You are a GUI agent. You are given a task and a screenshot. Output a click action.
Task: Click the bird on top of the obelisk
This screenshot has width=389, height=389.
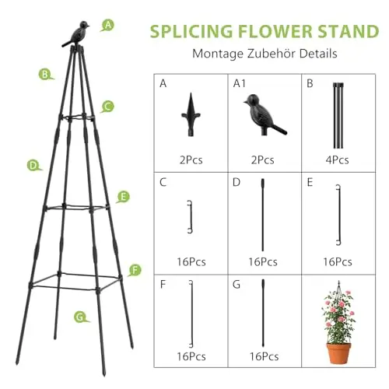point(76,33)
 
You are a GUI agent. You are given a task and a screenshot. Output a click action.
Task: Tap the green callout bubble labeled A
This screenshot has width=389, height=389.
point(107,26)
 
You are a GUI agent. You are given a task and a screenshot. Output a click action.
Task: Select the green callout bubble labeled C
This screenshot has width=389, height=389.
point(107,107)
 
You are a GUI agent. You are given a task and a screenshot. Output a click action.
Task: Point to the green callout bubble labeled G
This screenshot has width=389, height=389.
point(81,317)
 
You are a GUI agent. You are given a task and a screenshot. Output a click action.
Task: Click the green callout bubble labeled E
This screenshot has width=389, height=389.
point(123,197)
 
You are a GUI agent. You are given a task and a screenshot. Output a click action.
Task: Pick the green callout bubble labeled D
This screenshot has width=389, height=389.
point(34,166)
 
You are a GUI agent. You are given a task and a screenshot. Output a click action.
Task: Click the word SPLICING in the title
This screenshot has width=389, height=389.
point(191,31)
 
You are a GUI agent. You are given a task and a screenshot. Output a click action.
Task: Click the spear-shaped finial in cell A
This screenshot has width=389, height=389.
point(191,114)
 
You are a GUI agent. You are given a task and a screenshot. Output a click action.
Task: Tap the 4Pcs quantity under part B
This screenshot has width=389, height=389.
point(337,160)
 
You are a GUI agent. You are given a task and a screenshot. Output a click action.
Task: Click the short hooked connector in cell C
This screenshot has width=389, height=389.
point(191,217)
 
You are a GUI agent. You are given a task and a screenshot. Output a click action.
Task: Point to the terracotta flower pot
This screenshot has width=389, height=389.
point(338,353)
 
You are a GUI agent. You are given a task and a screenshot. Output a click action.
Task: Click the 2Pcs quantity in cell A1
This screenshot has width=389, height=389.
point(262,160)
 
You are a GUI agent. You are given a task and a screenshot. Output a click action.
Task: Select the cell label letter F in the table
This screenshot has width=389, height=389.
point(163,285)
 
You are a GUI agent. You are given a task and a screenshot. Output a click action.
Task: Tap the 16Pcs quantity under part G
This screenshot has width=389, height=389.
point(264,356)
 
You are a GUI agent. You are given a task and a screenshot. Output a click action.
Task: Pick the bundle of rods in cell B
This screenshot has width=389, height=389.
point(338,116)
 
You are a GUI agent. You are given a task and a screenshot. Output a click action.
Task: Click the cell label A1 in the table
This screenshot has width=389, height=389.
point(240,83)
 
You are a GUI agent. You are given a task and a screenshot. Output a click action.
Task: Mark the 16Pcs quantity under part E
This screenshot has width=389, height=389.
point(338,262)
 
